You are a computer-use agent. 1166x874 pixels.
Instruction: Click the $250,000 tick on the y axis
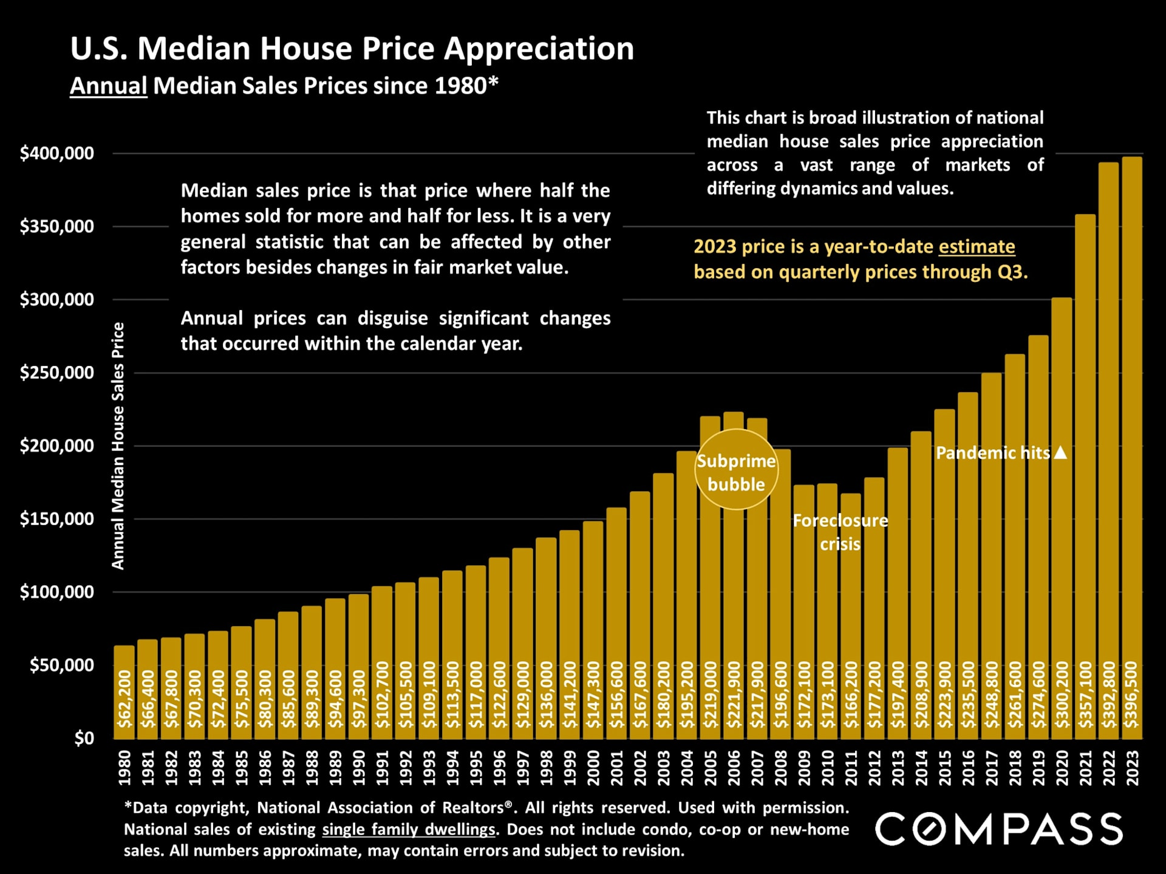pos(57,373)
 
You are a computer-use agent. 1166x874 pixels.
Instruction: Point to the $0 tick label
pos(84,738)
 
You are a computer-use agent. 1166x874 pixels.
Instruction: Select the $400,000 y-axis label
pos(57,153)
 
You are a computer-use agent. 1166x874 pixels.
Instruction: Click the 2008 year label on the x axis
pos(780,768)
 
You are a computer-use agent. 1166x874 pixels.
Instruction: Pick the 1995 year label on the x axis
pos(476,768)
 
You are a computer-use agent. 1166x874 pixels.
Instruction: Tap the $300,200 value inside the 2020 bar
pos(1062,695)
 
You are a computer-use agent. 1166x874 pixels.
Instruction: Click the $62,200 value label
pos(124,699)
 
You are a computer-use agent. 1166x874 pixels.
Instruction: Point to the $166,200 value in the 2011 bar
pos(851,695)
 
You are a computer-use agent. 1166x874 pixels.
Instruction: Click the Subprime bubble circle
pos(736,470)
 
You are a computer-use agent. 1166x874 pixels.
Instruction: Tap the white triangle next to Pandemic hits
pos(1060,453)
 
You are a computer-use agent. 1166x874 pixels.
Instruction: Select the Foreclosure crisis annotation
pos(840,532)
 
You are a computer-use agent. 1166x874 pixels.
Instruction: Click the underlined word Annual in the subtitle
pos(109,86)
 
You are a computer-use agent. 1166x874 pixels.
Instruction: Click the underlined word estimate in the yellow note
pos(977,247)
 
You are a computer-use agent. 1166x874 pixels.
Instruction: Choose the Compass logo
pos(999,829)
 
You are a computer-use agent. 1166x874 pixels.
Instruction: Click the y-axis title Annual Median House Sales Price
pos(118,446)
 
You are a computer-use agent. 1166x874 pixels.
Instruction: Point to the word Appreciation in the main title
pos(539,49)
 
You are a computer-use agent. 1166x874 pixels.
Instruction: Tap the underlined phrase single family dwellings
pos(408,830)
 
